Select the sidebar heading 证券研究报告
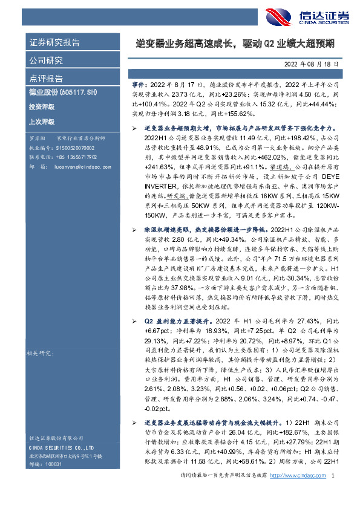[x=55, y=43]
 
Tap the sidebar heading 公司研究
[x=47, y=60]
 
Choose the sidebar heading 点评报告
[x=47, y=78]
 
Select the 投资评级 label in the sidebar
[x=42, y=106]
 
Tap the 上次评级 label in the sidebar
[x=42, y=121]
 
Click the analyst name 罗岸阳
[x=37, y=138]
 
